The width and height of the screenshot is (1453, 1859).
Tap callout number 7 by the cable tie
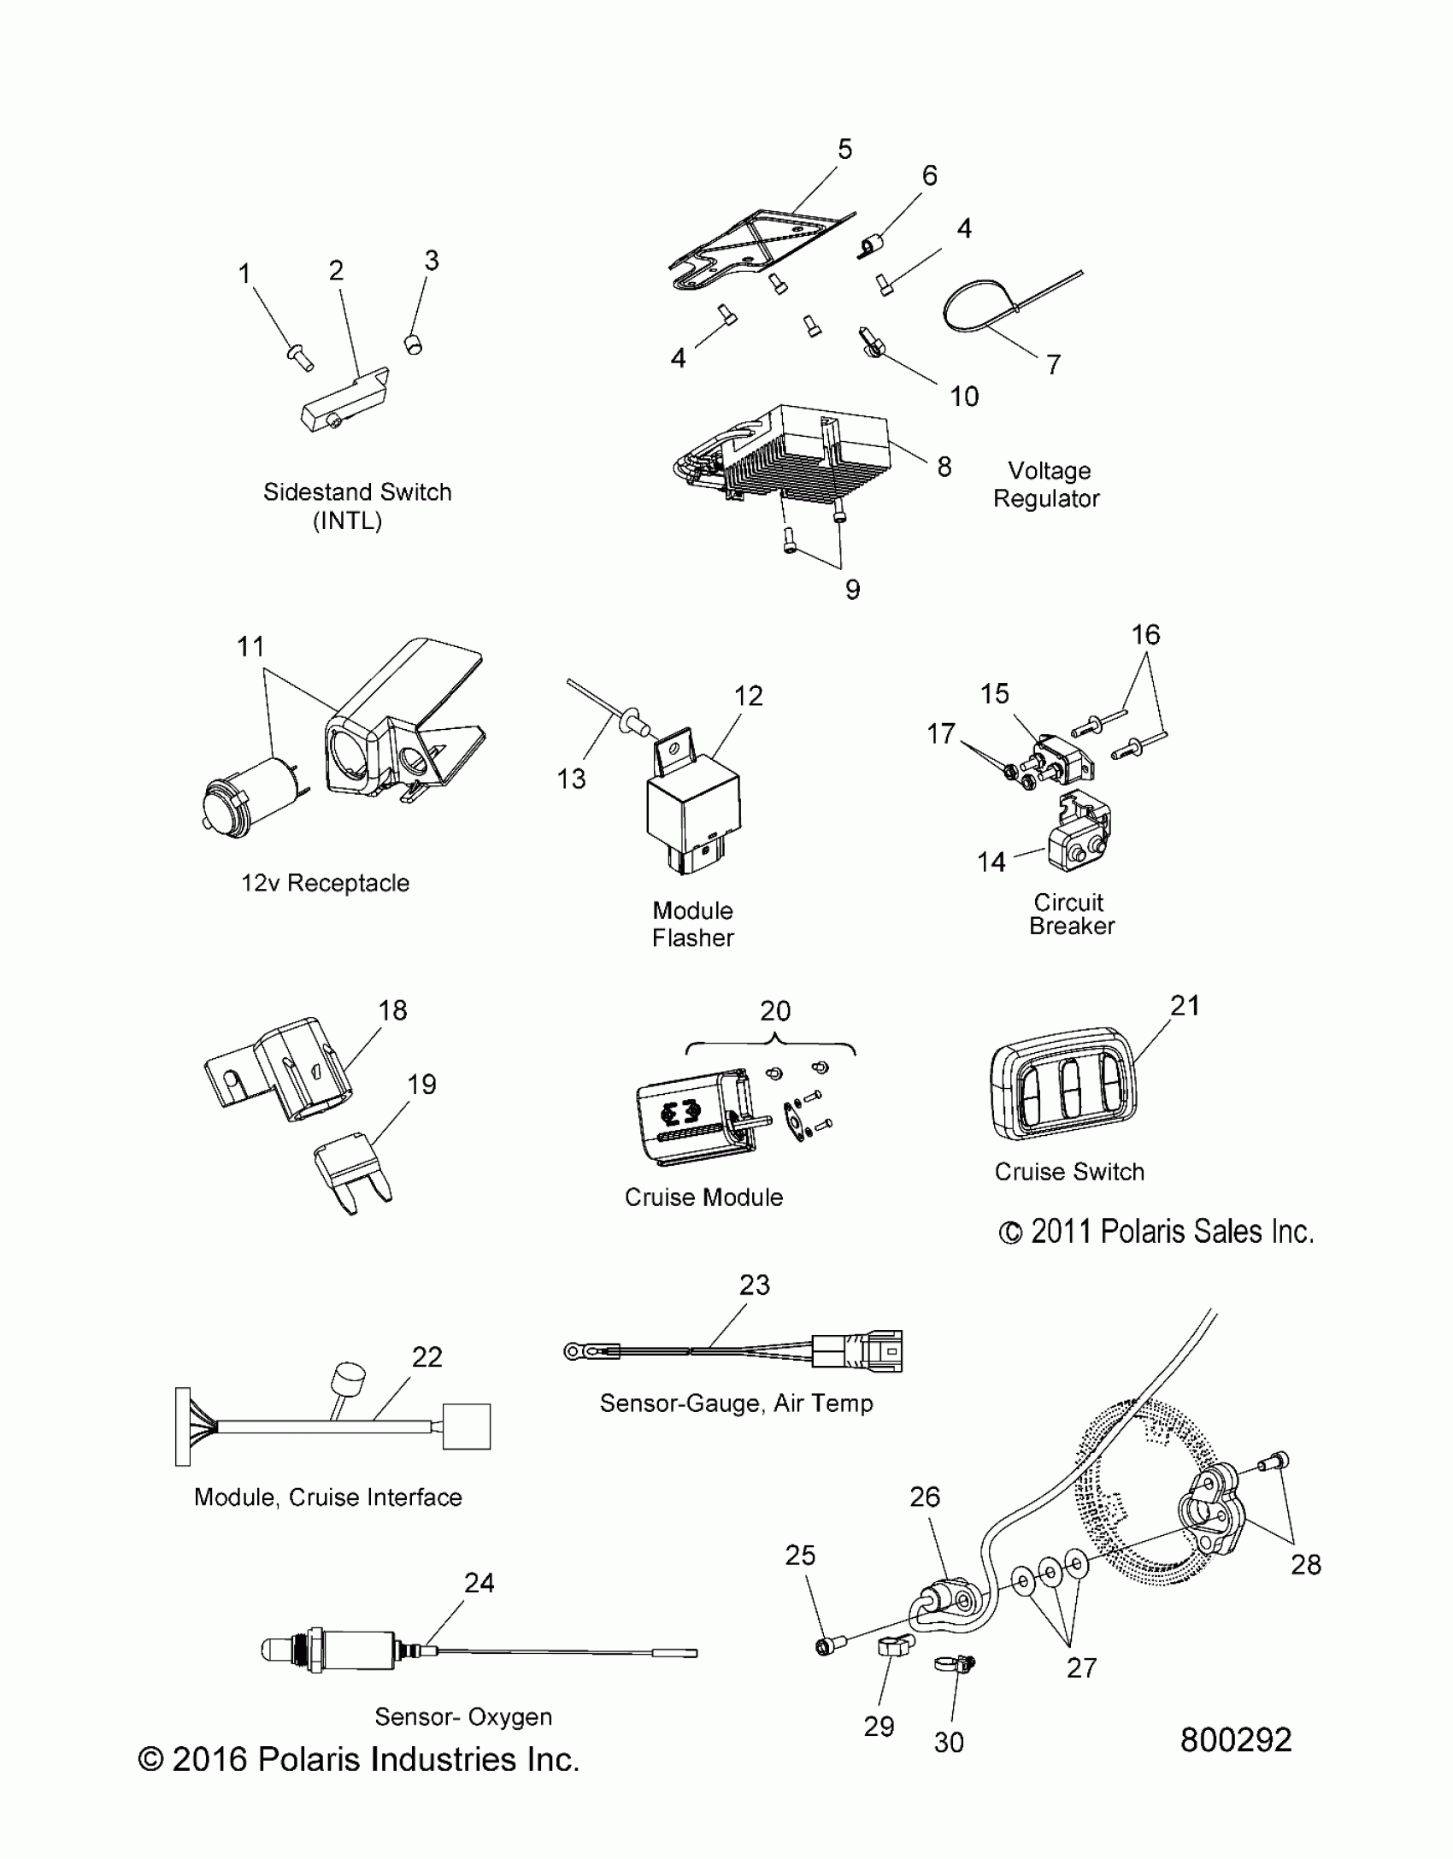1053,365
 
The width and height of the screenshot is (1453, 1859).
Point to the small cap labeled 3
414,344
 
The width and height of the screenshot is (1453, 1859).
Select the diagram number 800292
1236,1740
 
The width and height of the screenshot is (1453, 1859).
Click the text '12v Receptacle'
325,883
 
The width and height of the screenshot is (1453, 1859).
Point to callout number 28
1305,1564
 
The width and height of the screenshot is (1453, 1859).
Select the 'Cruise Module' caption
703,1197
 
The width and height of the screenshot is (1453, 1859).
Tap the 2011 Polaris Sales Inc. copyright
1156,1232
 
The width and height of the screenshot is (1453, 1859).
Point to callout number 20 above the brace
774,1011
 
